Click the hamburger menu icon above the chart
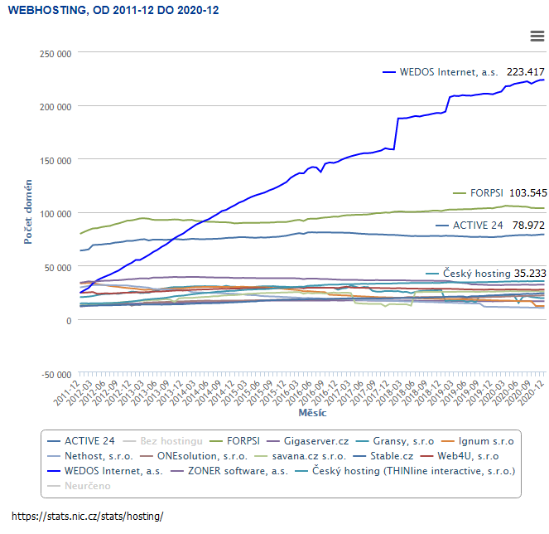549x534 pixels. coord(537,35)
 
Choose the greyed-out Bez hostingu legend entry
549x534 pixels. coord(171,440)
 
